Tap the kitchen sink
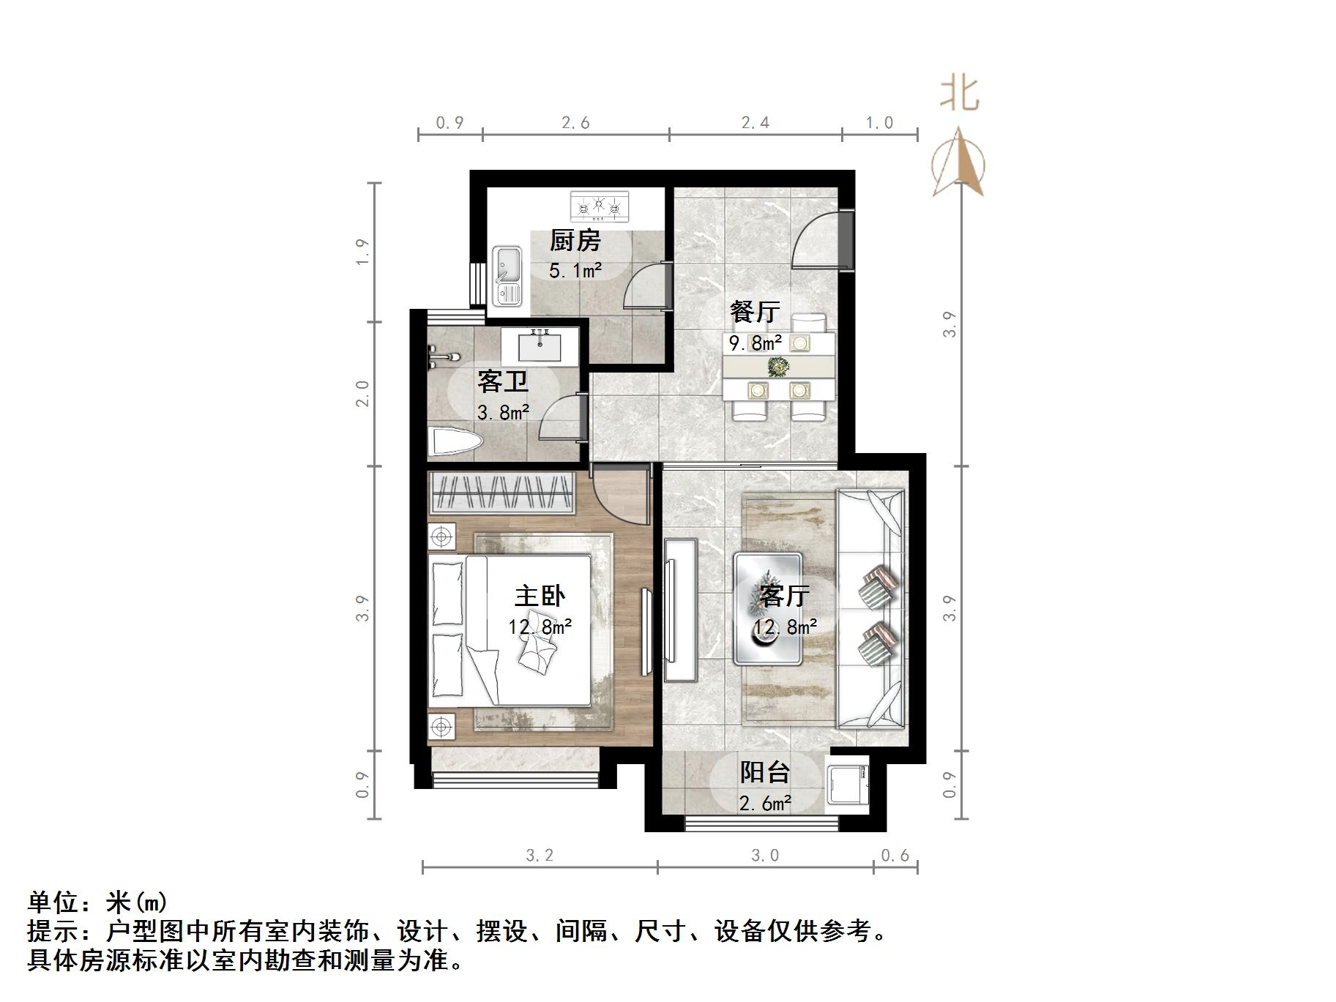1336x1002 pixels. tap(507, 274)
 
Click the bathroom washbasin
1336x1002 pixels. tap(541, 345)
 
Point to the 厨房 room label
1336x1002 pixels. tap(575, 240)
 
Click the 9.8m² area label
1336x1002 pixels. tap(755, 343)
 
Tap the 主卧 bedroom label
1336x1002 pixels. tap(540, 596)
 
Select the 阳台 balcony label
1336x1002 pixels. tap(765, 771)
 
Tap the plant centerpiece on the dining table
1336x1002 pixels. tap(778, 365)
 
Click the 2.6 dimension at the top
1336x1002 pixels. tap(575, 123)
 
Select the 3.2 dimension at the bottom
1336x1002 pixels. tap(540, 855)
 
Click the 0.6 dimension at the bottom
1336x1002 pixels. tap(895, 855)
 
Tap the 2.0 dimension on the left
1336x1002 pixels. tap(362, 394)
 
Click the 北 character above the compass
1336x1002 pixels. tap(960, 94)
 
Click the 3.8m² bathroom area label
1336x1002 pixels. tap(503, 413)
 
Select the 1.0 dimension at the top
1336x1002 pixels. tap(879, 123)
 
